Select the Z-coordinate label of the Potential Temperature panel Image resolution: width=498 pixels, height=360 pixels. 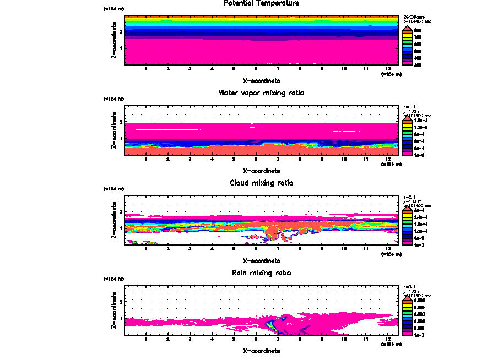point(113,40)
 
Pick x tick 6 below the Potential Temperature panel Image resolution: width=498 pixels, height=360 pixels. point(256,69)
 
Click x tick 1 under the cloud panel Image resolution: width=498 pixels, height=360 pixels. point(145,249)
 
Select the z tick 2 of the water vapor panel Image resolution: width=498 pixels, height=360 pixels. point(120,122)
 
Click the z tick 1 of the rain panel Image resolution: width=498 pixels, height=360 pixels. point(120,318)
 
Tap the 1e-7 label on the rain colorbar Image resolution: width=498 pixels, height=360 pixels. point(419,334)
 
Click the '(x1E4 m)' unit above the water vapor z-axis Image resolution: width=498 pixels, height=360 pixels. point(114,99)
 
